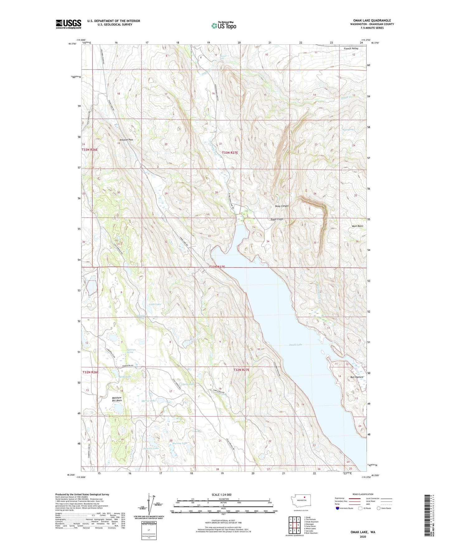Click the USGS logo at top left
pos(69,24)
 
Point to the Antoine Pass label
pos(126,140)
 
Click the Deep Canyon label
pos(282,206)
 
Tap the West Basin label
pos(357,226)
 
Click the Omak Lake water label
pos(296,345)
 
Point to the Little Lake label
pos(155,304)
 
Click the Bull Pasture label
pos(357,377)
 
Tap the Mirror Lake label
pos(148,401)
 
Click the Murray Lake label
pos(180,443)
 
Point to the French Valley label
pos(351,49)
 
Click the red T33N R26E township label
pos(90,150)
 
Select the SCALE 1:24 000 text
pos(221,494)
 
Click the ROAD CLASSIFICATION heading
pos(363,494)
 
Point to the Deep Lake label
pos(188,384)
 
